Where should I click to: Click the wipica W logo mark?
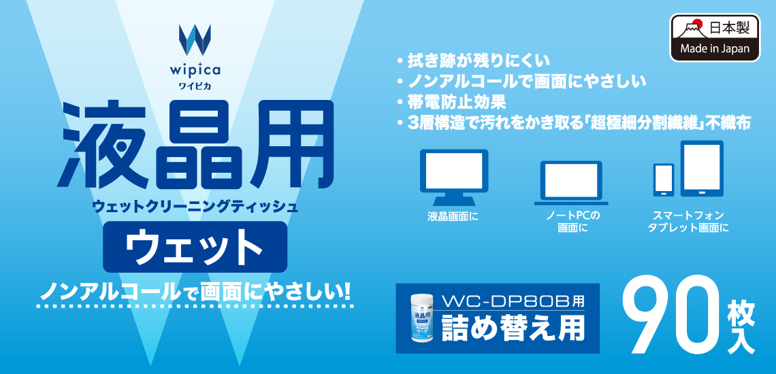195,39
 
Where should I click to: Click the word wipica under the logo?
195,70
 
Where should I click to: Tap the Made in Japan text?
714,48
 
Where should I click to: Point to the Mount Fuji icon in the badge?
691,29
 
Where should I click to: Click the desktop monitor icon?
454,177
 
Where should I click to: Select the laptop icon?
570,183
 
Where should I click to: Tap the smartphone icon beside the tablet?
663,180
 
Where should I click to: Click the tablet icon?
702,169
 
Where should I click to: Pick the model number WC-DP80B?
506,301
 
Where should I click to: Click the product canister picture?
420,319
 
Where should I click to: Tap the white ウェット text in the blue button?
195,246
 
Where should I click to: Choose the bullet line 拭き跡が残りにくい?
472,62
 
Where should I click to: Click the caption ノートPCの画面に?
572,222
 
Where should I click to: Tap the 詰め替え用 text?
511,326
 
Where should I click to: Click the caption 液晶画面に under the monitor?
453,216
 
